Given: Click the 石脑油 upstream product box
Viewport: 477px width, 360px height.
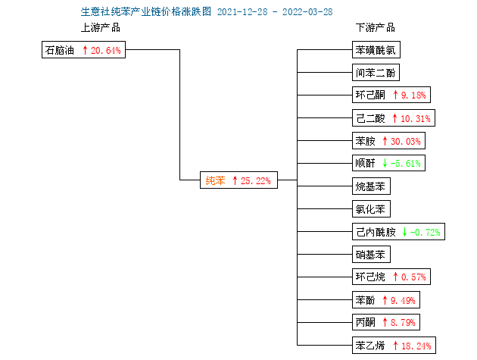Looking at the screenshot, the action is click(83, 50).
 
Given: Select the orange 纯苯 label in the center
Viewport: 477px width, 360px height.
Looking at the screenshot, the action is click(215, 180).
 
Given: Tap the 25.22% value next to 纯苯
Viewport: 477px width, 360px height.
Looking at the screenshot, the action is click(256, 180).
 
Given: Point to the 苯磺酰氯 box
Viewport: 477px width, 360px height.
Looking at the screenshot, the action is click(376, 50).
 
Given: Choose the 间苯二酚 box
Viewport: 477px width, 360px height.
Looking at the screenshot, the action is click(376, 73).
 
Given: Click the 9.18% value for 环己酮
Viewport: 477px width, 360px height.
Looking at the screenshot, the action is click(413, 95).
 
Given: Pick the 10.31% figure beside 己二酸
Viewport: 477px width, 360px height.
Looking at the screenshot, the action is click(416, 118).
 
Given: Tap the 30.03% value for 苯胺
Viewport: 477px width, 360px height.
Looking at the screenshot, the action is click(406, 141).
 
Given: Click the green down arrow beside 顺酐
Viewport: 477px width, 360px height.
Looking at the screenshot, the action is click(385, 163).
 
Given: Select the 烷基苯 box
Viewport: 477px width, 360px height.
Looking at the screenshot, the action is click(371, 186).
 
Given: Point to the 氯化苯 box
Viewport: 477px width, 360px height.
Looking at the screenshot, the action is click(371, 209).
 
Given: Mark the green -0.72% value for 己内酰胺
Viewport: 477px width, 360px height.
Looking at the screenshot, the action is click(425, 232).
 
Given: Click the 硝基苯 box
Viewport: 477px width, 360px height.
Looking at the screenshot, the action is click(371, 255).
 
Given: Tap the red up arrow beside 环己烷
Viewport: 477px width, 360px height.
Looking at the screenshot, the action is click(395, 277).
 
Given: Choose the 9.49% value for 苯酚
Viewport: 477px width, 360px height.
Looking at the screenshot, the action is click(403, 300).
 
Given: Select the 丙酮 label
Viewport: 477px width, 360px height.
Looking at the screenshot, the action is click(366, 322).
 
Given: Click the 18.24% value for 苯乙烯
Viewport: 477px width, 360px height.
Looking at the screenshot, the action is click(416, 346).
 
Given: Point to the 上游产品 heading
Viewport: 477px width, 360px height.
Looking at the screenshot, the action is click(101, 27).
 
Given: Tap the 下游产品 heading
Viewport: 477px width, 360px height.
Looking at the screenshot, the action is click(376, 27).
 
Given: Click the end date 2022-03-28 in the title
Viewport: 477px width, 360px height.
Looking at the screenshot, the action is click(307, 12).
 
